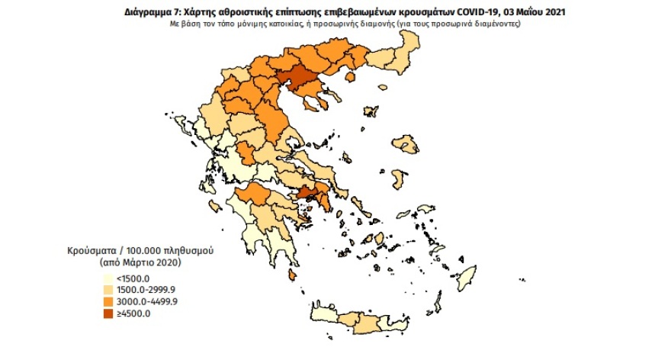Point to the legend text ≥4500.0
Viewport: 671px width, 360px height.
(x=138, y=312)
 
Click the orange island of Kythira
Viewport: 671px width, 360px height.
(x=292, y=275)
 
